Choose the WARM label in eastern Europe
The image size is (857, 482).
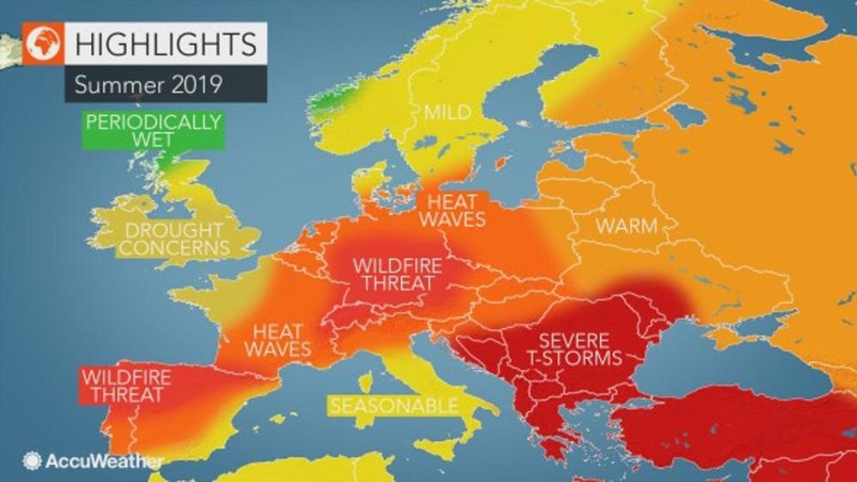tap(627, 228)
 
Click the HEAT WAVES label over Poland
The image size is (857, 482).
tap(452, 209)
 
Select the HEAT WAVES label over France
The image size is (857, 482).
tap(278, 338)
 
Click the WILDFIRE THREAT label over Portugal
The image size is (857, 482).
tap(124, 386)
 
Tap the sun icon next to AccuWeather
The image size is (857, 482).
tap(33, 460)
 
